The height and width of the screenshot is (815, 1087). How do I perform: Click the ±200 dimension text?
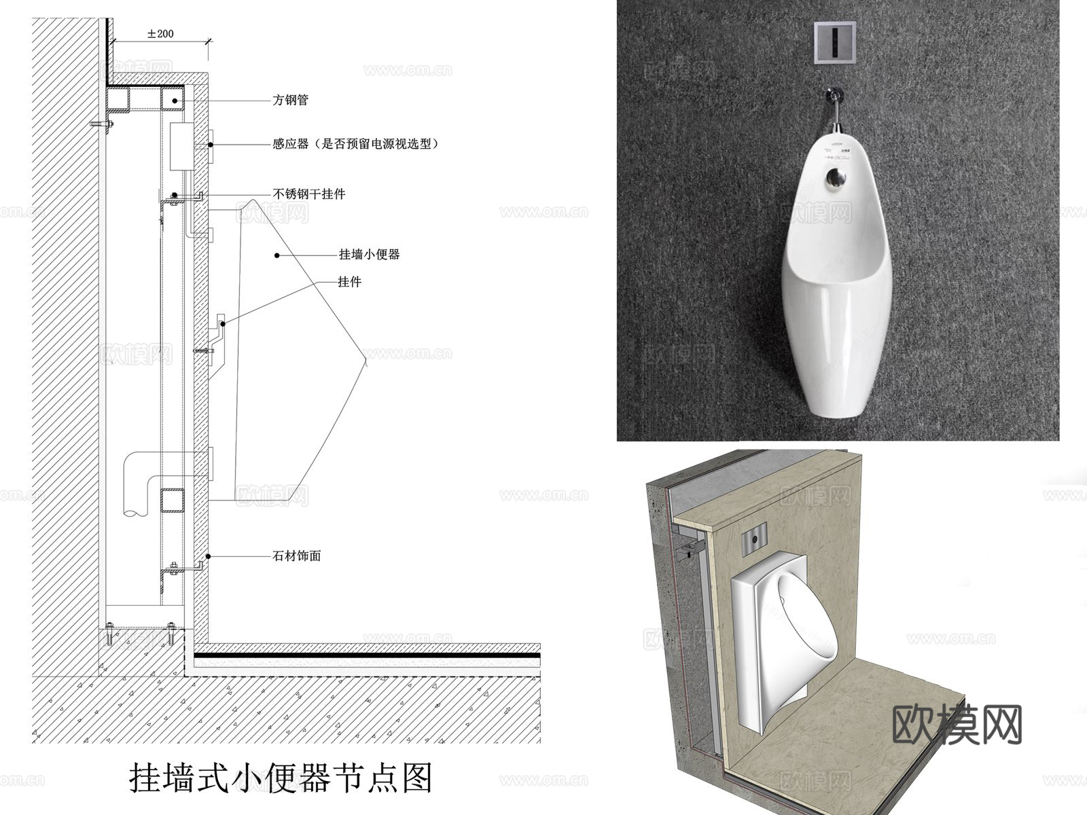coord(160,34)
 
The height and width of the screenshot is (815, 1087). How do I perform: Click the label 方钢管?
coord(290,100)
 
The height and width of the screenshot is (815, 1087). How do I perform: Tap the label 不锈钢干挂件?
coord(309,194)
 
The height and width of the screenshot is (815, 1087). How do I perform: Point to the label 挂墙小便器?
coord(369,255)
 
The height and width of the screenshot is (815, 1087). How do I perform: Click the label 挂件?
coord(349,282)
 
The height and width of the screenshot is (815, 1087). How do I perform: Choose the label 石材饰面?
coord(296,556)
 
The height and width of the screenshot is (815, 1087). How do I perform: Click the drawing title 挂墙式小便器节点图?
coord(281,778)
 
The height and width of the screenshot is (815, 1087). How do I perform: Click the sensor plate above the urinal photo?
coord(834,41)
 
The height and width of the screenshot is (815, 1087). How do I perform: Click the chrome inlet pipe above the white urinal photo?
coord(837,112)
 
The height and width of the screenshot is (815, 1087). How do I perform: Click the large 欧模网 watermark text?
coord(956,725)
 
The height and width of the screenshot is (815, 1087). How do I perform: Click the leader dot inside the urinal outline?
coord(277,255)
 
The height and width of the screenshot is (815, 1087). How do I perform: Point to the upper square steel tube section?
coord(173,99)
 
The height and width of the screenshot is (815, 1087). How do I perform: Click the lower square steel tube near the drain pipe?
coord(171,501)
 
